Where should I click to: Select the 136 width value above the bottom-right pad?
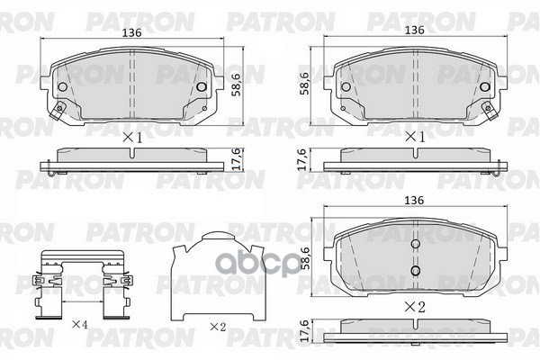pyautogui.click(x=414, y=201)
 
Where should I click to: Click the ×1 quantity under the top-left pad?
pyautogui.click(x=132, y=138)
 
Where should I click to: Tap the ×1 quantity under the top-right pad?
pyautogui.click(x=414, y=138)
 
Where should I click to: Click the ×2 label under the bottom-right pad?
pyautogui.click(x=414, y=307)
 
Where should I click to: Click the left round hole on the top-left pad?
pyautogui.click(x=63, y=87)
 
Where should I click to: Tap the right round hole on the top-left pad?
pyautogui.click(x=202, y=87)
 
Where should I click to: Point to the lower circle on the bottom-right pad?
pyautogui.click(x=415, y=270)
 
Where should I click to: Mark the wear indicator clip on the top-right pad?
pyautogui.click(x=490, y=112)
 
